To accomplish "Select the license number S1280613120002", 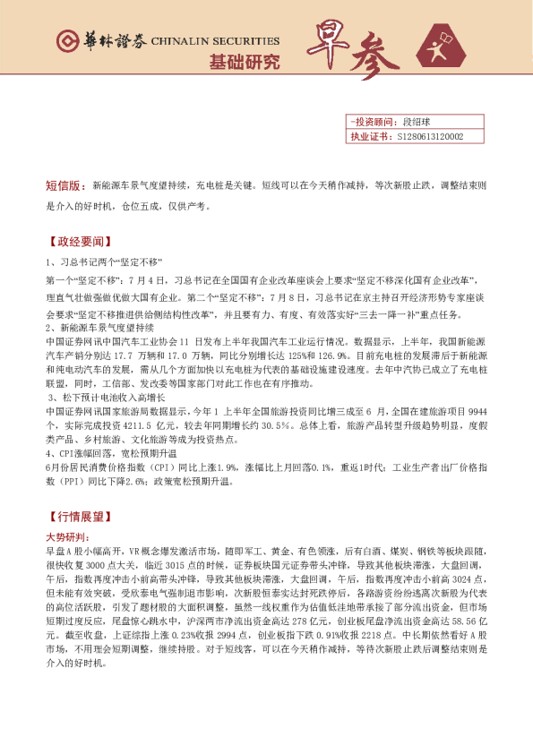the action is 428,136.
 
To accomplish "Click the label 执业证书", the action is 369,136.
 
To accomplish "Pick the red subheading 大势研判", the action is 66,536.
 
